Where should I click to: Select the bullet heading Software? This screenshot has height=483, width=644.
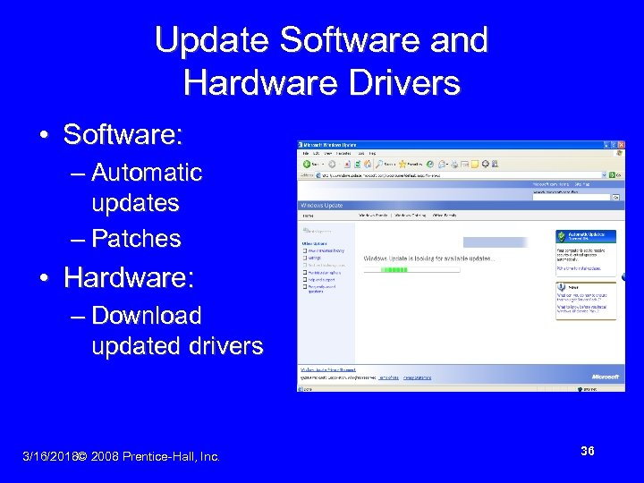point(123,135)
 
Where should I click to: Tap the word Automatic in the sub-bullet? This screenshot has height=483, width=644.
point(147,172)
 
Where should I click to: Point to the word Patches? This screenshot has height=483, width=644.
point(136,239)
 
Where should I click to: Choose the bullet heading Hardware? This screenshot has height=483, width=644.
point(128,278)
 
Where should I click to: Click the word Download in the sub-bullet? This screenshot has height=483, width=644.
point(147,316)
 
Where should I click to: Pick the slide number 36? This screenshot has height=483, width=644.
point(587,451)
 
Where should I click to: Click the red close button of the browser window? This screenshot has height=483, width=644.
point(620,144)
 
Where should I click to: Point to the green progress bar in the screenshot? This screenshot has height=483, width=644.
point(394,269)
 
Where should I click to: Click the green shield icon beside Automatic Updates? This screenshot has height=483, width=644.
point(562,237)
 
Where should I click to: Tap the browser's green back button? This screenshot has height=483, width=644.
point(307,165)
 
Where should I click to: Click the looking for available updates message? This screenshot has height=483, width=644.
point(428,258)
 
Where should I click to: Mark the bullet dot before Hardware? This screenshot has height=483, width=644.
point(44,279)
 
